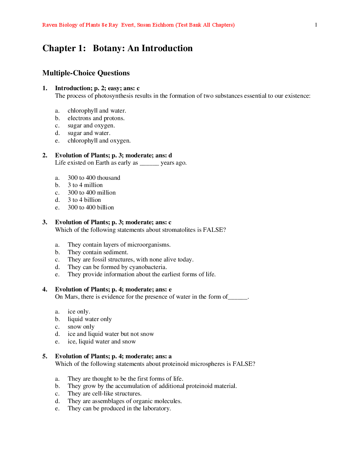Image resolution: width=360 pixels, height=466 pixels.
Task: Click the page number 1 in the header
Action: pyautogui.click(x=316, y=25)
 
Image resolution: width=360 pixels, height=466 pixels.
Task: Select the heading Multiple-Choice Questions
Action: pyautogui.click(x=86, y=73)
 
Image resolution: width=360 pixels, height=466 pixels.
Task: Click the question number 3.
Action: pyautogui.click(x=45, y=222)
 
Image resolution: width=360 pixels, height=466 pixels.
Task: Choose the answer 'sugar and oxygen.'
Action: pyautogui.click(x=91, y=126)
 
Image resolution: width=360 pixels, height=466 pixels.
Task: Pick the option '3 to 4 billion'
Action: pyautogui.click(x=84, y=200)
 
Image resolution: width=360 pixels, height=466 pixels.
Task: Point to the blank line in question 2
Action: pyautogui.click(x=149, y=163)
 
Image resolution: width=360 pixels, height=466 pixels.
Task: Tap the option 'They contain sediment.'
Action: pyautogui.click(x=98, y=252)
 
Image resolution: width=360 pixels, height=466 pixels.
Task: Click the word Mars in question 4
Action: pyautogui.click(x=71, y=297)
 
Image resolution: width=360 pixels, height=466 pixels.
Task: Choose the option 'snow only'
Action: pyautogui.click(x=81, y=327)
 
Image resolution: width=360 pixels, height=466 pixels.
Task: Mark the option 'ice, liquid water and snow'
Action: pyautogui.click(x=102, y=342)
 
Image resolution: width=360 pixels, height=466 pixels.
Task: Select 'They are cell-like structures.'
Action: pyautogui.click(x=104, y=394)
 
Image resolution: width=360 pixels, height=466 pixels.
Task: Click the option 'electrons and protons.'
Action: pyautogui.click(x=96, y=118)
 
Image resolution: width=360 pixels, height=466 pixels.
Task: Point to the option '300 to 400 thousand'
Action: pyautogui.click(x=94, y=178)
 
